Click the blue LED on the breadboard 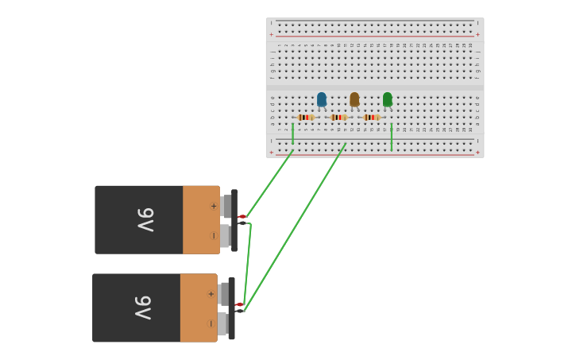click(322, 99)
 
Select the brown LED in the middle click(354, 99)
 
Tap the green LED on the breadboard click(387, 99)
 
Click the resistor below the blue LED click(306, 118)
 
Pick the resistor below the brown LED click(338, 118)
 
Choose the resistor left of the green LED click(371, 118)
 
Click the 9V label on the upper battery click(145, 219)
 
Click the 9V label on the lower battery click(142, 308)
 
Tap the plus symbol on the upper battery click(213, 206)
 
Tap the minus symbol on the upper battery click(213, 235)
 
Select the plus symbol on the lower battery click(211, 294)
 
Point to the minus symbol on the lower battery click(211, 323)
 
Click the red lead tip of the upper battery click(242, 216)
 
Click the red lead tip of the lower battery click(239, 304)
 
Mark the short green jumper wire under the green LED click(392, 137)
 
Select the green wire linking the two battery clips click(247, 266)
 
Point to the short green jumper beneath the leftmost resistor click(293, 134)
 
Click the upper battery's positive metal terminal click(226, 206)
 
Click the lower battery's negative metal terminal click(222, 323)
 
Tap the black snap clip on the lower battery click(231, 308)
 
